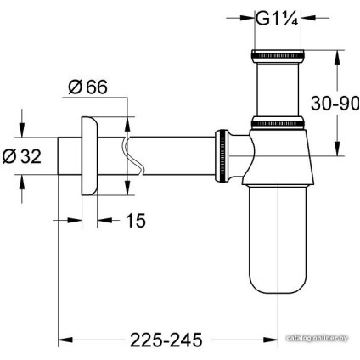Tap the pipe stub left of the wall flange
(x=68, y=155)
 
